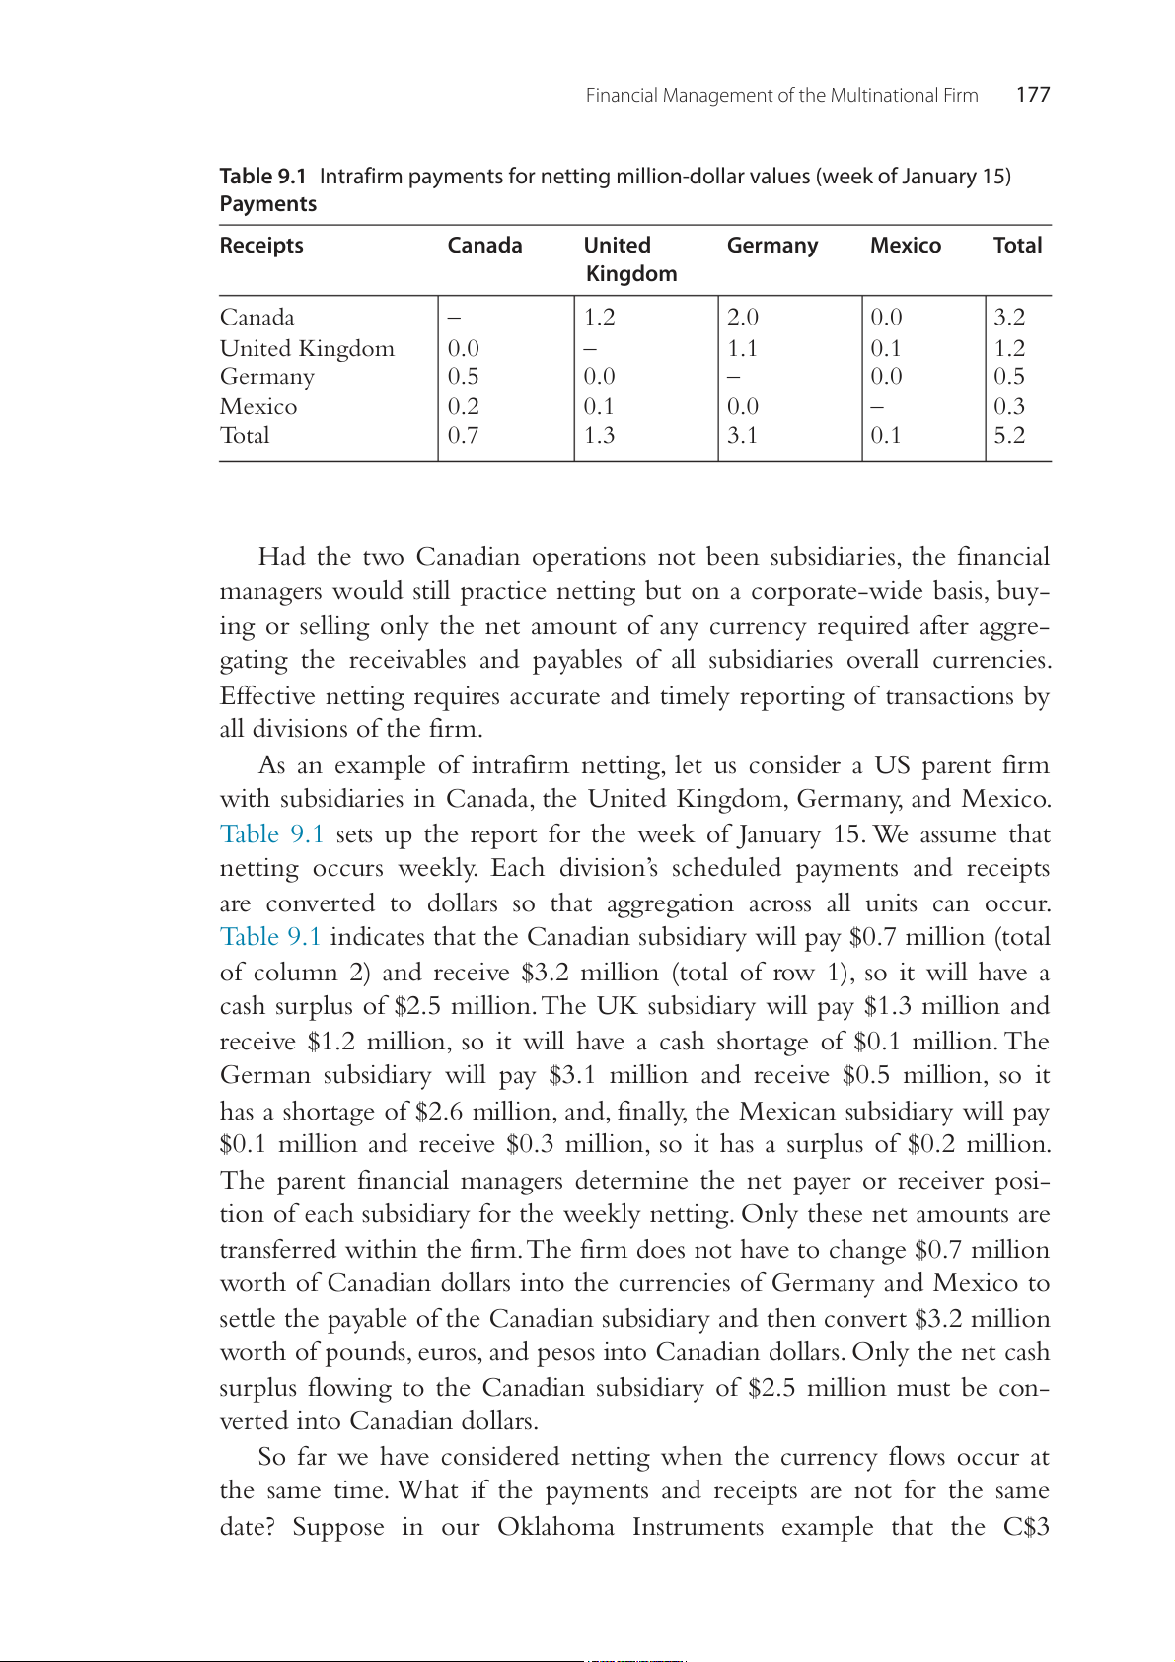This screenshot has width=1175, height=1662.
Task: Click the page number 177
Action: point(1033,95)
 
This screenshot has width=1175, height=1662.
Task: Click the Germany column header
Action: point(772,246)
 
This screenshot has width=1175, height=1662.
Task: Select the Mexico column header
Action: point(906,246)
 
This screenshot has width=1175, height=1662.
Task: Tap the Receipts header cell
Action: point(261,246)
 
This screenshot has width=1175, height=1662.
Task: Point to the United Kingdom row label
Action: point(307,348)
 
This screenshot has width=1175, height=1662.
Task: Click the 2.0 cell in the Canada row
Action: point(743,317)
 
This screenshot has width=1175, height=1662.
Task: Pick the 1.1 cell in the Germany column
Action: point(742,348)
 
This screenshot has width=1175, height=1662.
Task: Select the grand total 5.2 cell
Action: point(1009,435)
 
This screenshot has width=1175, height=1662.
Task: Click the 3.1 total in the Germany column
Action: point(742,435)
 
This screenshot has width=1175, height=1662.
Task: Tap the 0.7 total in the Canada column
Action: point(463,435)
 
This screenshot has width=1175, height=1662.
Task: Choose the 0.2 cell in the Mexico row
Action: point(463,406)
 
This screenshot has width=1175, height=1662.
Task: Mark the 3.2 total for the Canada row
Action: point(1009,317)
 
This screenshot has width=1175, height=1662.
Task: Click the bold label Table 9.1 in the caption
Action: point(262,177)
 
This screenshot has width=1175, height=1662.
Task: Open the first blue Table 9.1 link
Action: point(272,834)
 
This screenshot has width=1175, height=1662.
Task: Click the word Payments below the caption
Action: point(268,204)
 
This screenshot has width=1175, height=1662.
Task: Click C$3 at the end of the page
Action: point(1026,1527)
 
